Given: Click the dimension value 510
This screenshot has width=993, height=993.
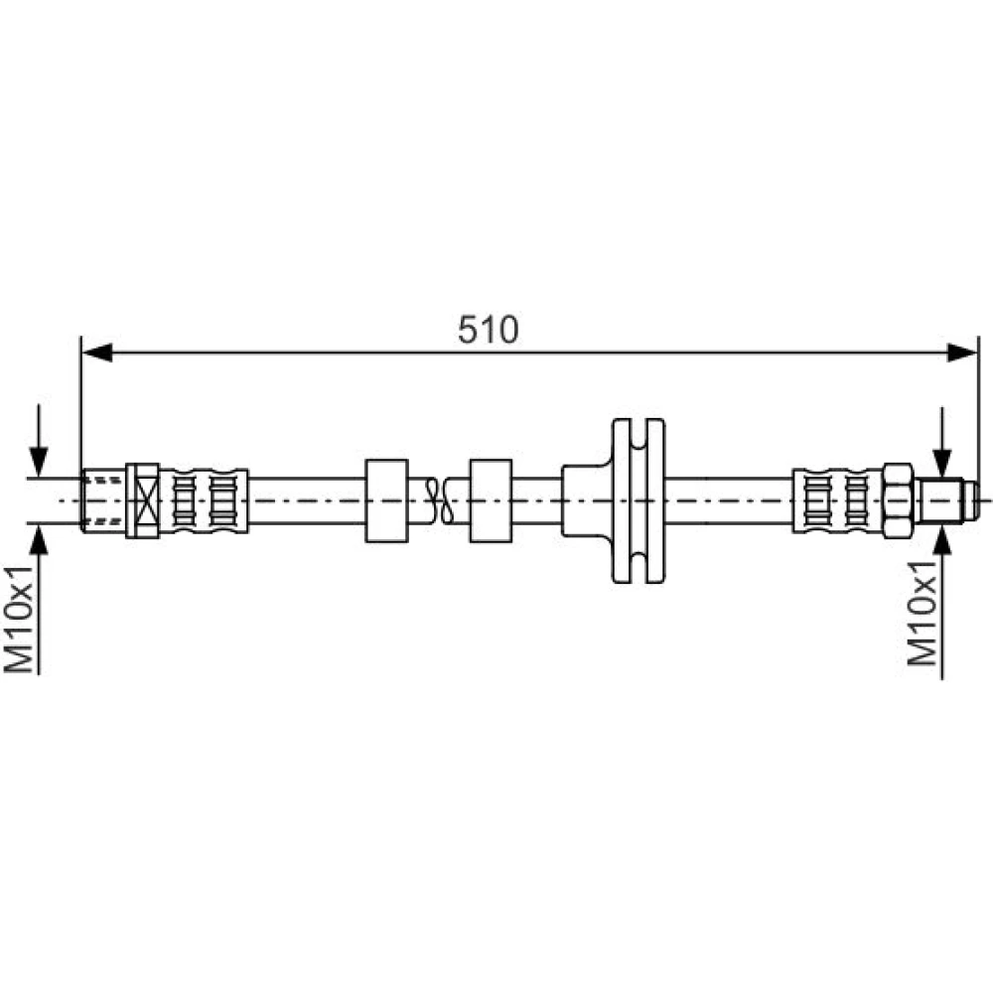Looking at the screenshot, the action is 488,330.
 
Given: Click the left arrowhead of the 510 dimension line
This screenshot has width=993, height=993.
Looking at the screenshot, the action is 97,353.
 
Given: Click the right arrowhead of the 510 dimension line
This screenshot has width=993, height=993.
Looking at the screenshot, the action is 962,353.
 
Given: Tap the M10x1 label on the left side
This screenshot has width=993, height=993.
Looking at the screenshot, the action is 18,619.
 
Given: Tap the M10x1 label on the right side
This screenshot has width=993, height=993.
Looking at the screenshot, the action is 922,613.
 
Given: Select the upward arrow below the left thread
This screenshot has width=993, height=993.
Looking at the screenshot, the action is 39,599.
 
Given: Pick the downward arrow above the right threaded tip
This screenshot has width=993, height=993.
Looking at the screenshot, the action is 942,442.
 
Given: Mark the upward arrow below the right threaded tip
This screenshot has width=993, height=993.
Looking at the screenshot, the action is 942,602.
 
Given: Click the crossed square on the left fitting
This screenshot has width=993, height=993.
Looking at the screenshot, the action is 142,500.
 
